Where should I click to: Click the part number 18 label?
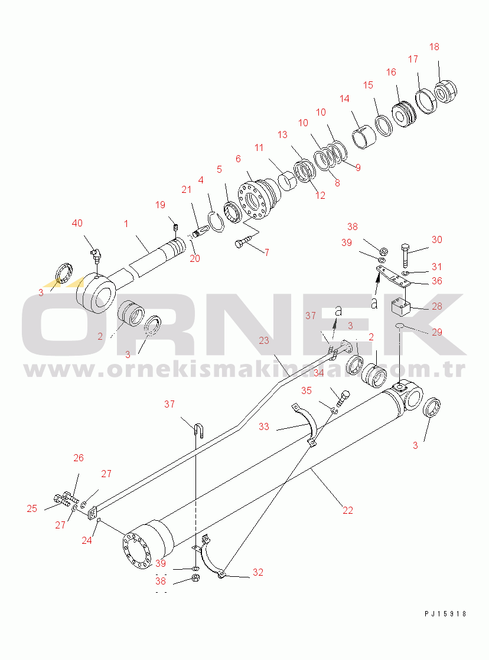pos(434,47)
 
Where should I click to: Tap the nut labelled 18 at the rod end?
pos(445,91)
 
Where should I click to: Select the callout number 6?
pos(238,159)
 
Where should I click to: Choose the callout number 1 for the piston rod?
pos(126,224)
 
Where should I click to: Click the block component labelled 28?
pos(400,307)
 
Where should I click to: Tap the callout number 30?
pos(436,239)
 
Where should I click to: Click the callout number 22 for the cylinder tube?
pos(347,510)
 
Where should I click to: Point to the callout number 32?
pos(258,572)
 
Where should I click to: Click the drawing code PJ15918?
pos(445,613)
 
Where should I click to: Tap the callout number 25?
pos(32,508)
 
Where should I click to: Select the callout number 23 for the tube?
pos(264,340)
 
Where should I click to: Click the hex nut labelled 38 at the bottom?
pos(195,578)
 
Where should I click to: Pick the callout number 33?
pos(264,426)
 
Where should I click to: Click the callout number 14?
pos(344,98)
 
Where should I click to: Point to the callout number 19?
pos(160,205)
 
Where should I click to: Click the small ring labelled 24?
pos(99,521)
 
